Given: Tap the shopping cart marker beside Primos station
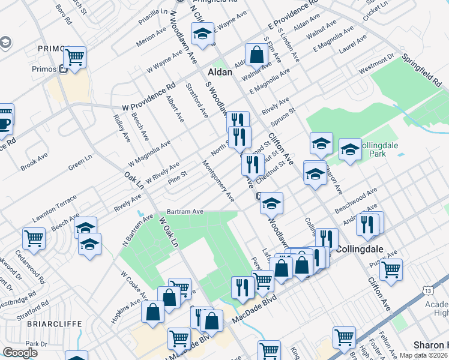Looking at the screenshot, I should [x=74, y=58].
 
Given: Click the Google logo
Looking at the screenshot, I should [x=20, y=353].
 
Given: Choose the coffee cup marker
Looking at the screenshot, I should [x=4, y=122].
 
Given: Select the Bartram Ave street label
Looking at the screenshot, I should [x=185, y=212].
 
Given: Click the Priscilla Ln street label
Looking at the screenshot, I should [x=152, y=11].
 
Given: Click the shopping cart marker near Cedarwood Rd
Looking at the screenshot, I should [x=34, y=238].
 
